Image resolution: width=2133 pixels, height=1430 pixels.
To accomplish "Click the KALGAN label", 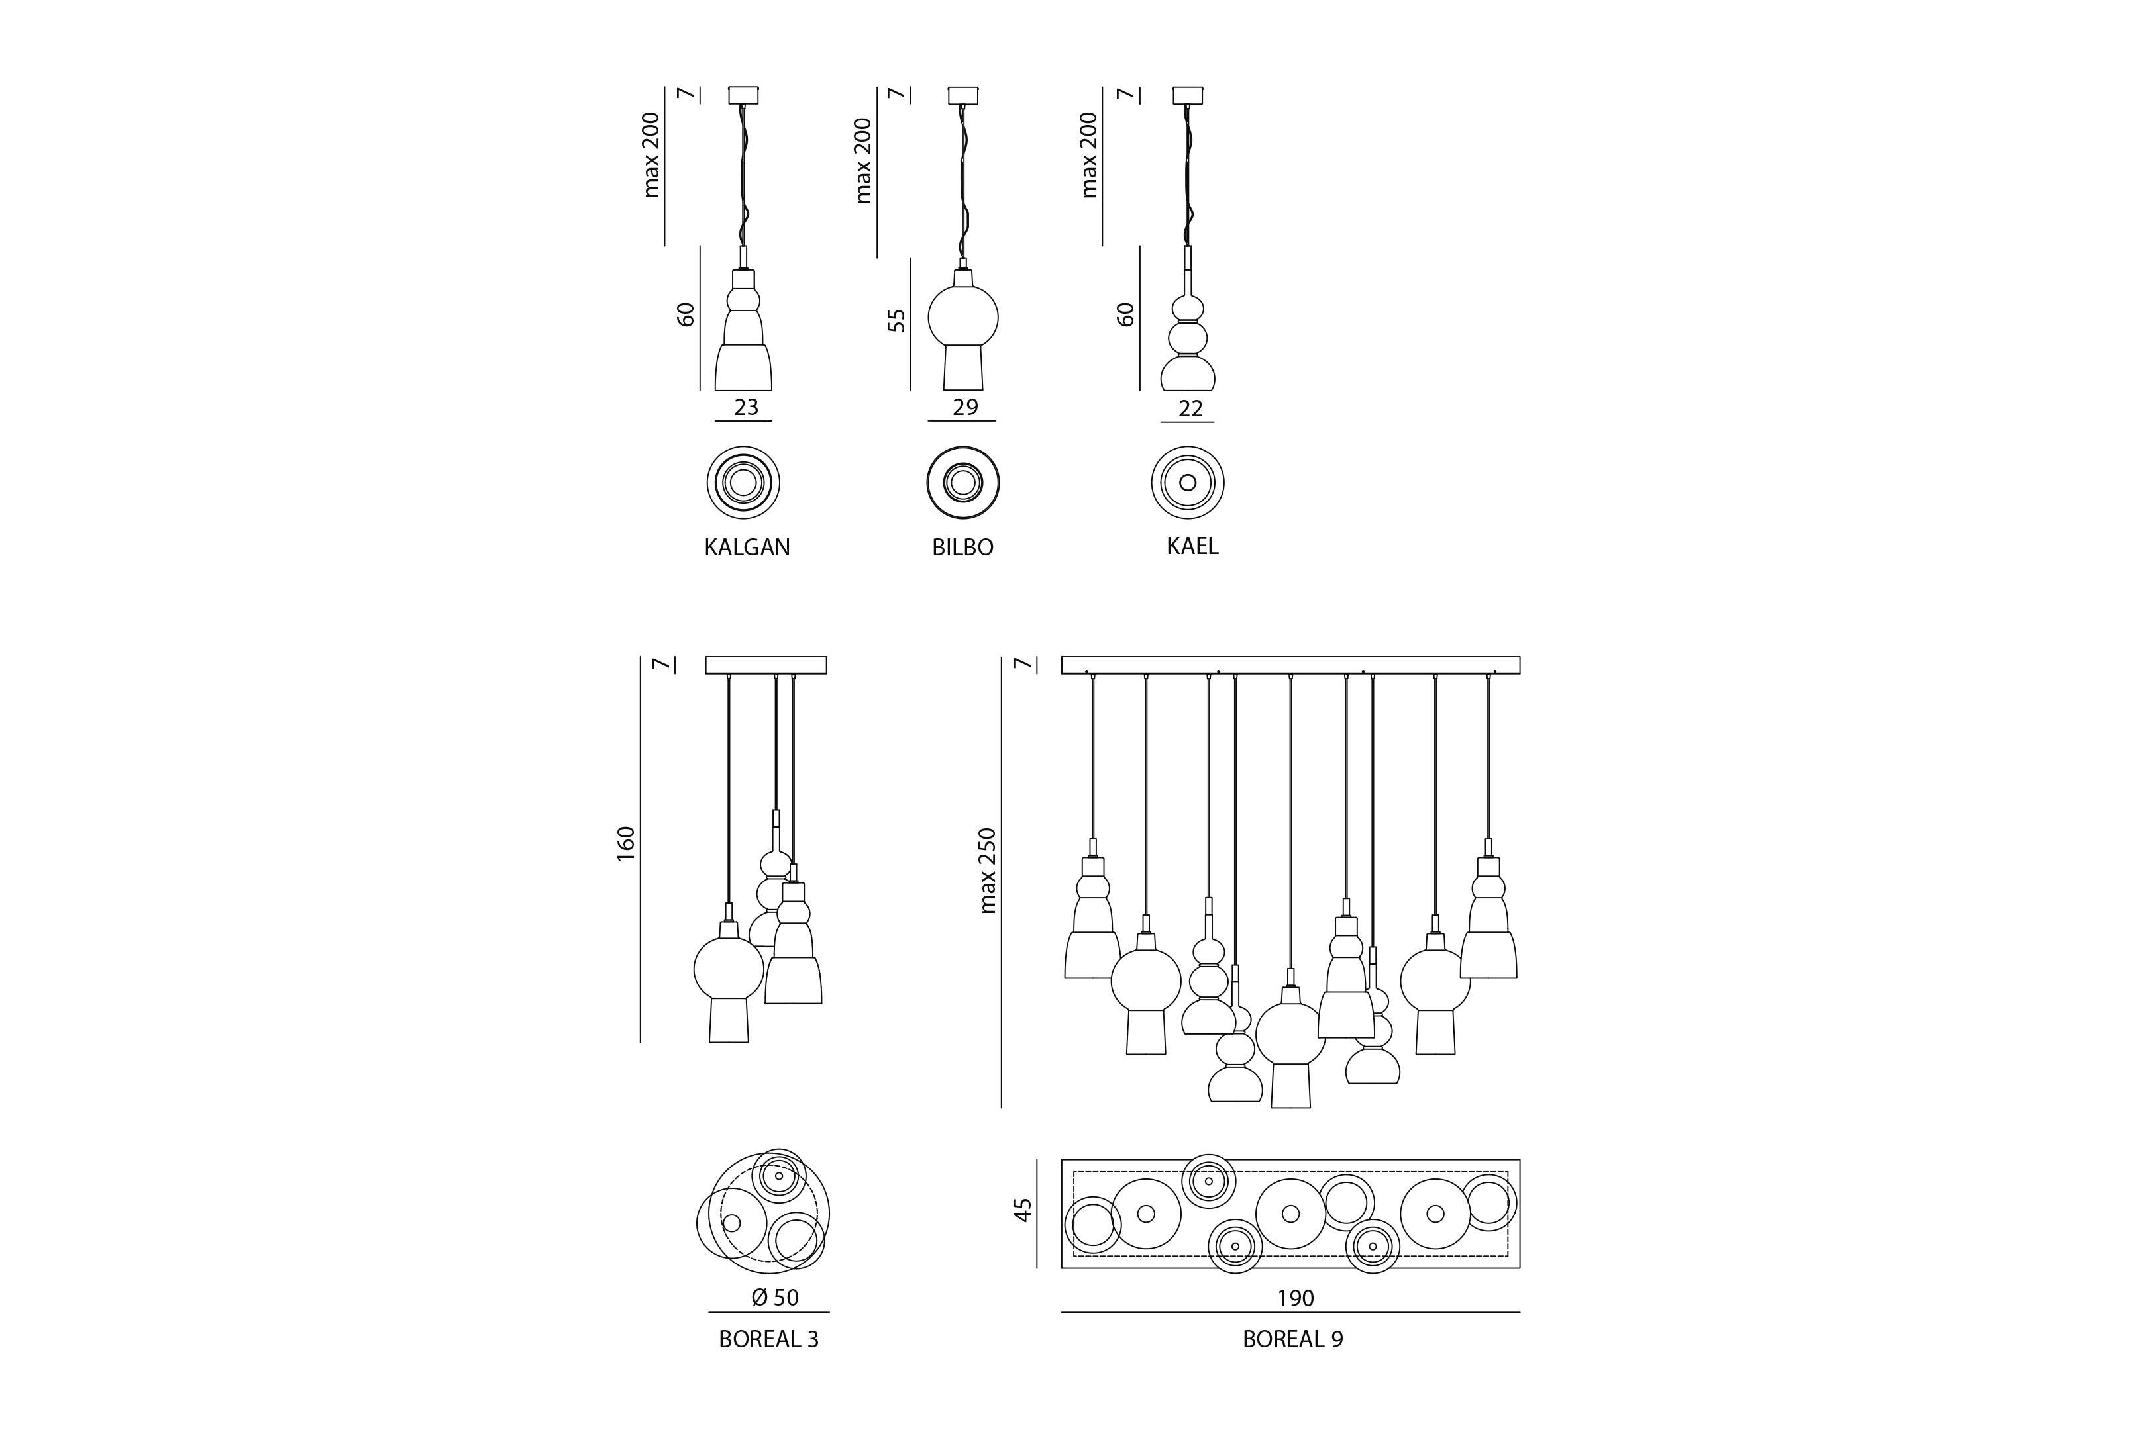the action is point(747,548).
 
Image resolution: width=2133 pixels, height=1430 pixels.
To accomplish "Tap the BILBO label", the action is point(962,548).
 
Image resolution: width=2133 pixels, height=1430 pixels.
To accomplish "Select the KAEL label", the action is point(1192,546).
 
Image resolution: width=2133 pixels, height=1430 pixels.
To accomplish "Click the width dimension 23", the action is point(747,406).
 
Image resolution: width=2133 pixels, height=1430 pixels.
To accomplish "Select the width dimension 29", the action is point(965,406).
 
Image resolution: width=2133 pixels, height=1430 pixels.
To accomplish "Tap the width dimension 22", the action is point(1190,408).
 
